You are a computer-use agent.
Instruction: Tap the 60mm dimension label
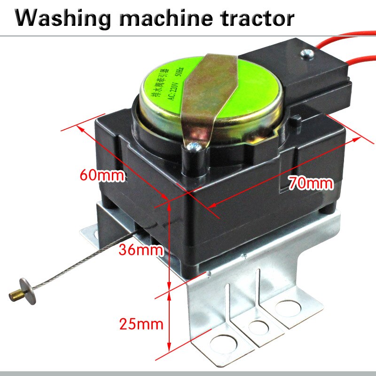102,176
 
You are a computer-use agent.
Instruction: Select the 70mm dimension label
311,182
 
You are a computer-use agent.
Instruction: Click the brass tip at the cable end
14,295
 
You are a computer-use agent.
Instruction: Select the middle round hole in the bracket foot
257,327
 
